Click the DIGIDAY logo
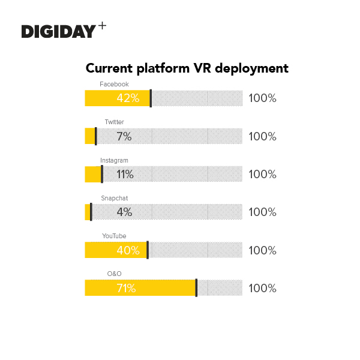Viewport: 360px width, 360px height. [59, 31]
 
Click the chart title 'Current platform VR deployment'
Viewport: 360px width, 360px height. [187, 68]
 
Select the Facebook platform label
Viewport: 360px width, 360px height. [114, 84]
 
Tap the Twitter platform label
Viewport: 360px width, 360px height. [114, 122]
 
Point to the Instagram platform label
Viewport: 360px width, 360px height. [114, 160]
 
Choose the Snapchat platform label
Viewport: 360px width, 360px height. [114, 198]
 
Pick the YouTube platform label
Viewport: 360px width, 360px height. [114, 236]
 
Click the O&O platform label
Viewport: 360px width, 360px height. [114, 274]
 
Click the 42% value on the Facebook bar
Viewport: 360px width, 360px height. [128, 98]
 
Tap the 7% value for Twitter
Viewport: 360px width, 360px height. [124, 136]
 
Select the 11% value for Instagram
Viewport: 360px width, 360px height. [125, 175]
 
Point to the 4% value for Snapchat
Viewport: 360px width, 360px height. [124, 212]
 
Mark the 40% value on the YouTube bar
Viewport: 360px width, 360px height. [128, 250]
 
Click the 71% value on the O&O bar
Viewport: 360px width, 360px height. [126, 288]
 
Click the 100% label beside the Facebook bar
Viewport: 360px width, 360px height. [262, 98]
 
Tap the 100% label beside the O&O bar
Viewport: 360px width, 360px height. [262, 288]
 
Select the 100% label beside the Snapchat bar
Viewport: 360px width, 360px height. [262, 212]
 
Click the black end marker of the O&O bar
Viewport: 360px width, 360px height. [196, 288]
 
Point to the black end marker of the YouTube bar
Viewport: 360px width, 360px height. [148, 250]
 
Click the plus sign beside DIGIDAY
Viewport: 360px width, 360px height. [102, 27]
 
